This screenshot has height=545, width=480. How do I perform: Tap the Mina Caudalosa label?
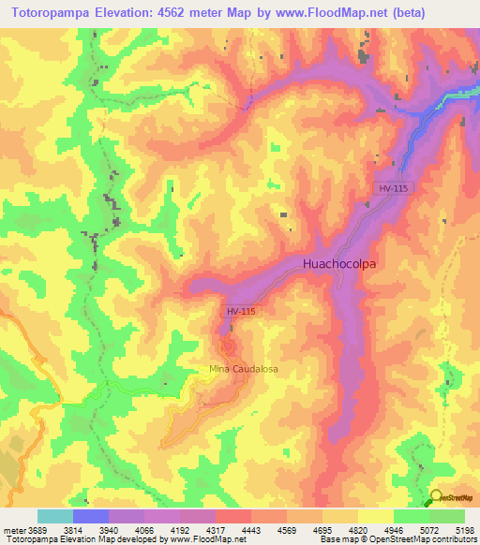pos(244,369)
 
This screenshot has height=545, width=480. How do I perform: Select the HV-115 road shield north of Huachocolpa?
pos(394,188)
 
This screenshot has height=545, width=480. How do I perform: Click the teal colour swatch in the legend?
pos(55,516)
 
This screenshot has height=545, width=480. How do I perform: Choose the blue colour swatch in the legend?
pos(91,516)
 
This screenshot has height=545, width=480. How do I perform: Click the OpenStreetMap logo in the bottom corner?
pos(451,498)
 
